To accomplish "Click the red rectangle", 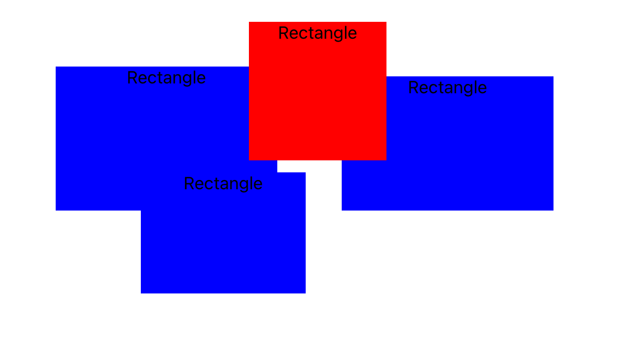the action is coord(317,98).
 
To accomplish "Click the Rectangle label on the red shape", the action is coord(317,33).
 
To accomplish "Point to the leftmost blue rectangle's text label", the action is coord(166,78).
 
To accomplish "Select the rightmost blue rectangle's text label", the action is coord(447,88).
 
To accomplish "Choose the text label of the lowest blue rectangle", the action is coord(223,184).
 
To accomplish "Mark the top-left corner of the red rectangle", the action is coord(249,22).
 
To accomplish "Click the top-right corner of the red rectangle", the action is coord(386,22).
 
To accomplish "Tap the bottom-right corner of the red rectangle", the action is coord(386,160).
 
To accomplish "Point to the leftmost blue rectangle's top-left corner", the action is coord(56,67).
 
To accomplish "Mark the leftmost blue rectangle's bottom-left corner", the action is coord(56,210).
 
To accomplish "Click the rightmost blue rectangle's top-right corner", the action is coord(553,77).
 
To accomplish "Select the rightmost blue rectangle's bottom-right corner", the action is coord(553,210).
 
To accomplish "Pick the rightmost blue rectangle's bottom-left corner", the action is coord(342,210).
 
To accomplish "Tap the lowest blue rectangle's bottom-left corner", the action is coord(141,293).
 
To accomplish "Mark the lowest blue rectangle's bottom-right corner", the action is coord(305,293).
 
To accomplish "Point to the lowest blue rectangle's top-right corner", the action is coord(305,173).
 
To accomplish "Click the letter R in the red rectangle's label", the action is coord(283,33).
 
